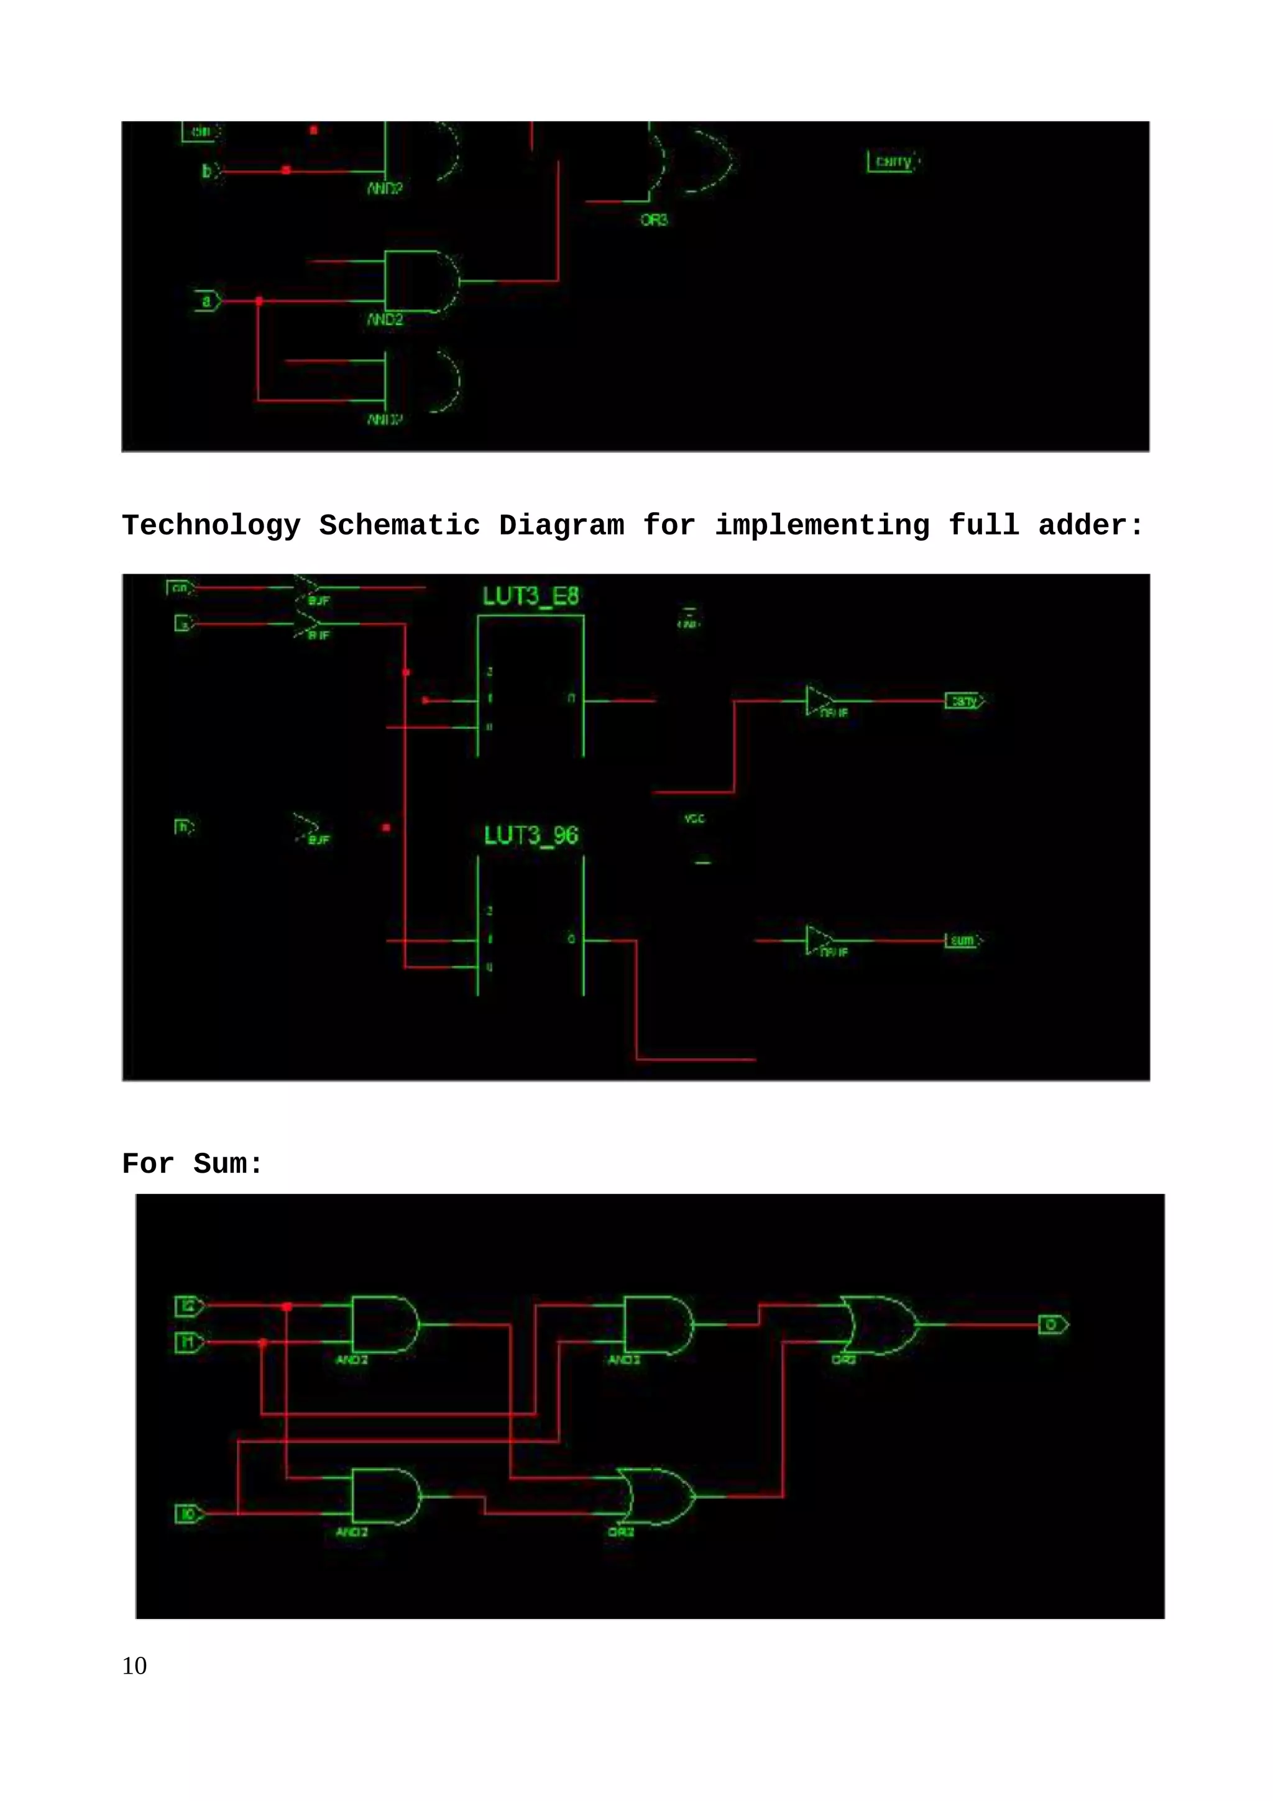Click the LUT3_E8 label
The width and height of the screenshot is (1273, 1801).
coord(530,597)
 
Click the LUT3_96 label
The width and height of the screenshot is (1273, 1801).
coord(530,835)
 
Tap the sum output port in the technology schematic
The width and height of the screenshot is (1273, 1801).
coord(962,940)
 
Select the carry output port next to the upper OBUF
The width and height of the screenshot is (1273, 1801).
coord(964,700)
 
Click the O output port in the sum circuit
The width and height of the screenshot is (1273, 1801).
coord(1052,1325)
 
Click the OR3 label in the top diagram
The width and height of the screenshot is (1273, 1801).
coord(653,221)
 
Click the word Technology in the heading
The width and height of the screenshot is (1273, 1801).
coord(211,526)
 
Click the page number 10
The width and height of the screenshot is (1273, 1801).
coord(134,1666)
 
